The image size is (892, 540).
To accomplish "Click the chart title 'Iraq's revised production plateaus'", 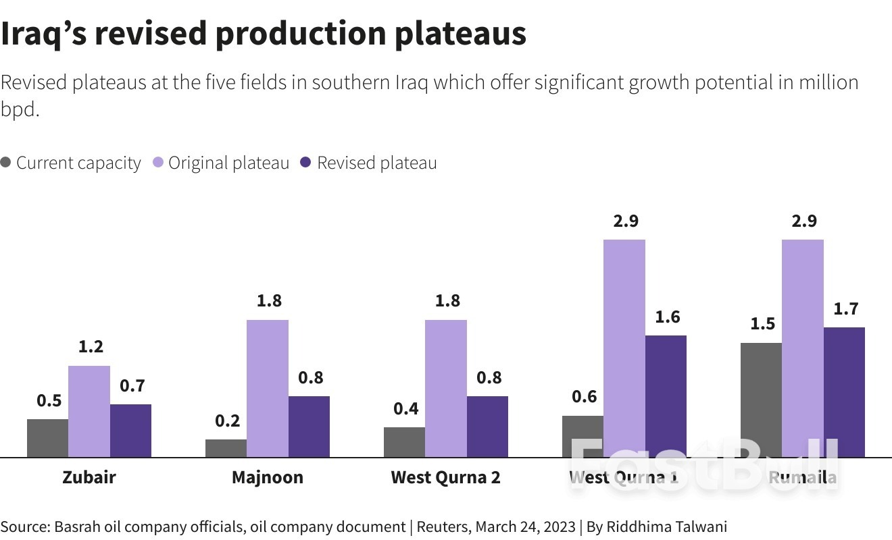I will click(263, 34).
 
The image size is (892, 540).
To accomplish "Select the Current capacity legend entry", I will click(71, 163).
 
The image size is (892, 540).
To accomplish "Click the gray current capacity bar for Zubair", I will click(47, 438).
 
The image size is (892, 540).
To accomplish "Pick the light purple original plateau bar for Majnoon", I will click(267, 388).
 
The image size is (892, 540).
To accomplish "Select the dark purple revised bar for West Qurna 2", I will click(487, 427).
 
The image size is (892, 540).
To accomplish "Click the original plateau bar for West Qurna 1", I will click(624, 348).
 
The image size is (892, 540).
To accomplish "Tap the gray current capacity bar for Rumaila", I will click(761, 400).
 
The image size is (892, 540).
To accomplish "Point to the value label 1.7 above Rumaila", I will click(845, 309).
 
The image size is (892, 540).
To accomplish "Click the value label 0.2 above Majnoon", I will click(227, 421).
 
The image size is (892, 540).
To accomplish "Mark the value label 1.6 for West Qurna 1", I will click(667, 317).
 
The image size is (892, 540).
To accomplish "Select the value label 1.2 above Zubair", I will click(91, 347).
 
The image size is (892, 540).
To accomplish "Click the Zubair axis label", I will click(89, 478).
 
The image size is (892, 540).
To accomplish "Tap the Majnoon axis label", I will click(267, 478).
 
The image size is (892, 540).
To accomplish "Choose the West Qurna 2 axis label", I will click(445, 478).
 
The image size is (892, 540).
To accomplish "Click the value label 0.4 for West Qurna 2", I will click(405, 408).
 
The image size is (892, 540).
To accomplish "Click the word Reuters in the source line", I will click(443, 526).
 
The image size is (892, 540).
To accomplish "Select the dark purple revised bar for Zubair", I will click(130, 431).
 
